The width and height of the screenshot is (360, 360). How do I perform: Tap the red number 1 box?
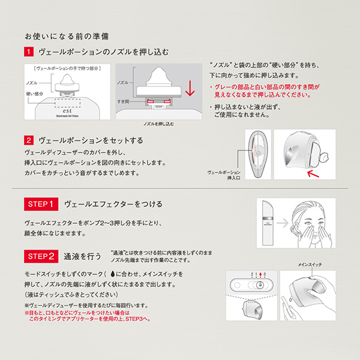28,52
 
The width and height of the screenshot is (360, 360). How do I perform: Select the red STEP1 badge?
41,204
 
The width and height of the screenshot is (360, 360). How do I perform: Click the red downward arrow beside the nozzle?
190,89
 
